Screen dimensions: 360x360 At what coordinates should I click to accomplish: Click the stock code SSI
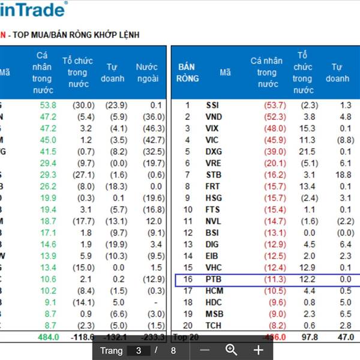(212, 105)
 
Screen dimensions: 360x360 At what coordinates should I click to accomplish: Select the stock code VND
(214, 116)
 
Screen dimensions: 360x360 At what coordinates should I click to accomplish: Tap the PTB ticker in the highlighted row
(213, 280)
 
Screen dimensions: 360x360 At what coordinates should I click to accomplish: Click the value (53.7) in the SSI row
(275, 105)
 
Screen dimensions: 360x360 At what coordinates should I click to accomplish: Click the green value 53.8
(47, 105)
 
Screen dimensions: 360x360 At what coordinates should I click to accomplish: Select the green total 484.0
(48, 337)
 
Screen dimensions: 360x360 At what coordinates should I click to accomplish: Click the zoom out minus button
(205, 350)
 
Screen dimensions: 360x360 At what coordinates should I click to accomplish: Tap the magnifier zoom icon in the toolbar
(231, 350)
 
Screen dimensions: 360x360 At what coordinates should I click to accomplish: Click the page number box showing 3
(139, 350)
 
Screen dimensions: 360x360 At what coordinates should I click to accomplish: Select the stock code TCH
(214, 326)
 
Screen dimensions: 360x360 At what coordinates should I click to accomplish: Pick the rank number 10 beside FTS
(187, 210)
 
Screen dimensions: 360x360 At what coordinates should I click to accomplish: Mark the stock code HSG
(214, 198)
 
